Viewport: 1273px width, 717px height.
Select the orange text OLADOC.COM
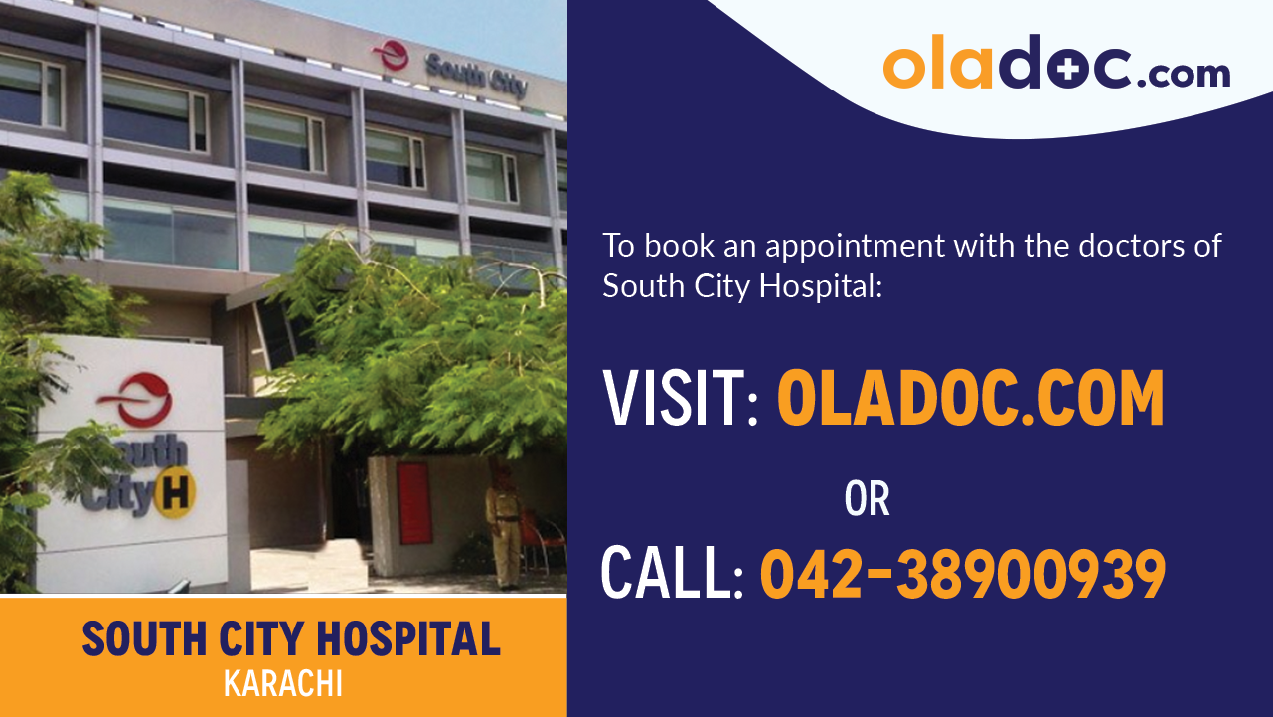click(970, 398)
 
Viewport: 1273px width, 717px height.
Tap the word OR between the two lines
click(867, 499)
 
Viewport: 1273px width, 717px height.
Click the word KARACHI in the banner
click(283, 685)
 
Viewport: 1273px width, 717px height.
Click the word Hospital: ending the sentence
click(821, 286)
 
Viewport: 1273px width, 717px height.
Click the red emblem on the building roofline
click(391, 56)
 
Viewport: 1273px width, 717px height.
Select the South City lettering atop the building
click(476, 74)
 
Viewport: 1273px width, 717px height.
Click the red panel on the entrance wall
click(414, 503)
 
